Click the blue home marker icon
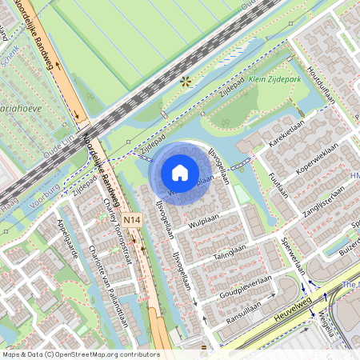(180, 172)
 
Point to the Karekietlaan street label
(287, 134)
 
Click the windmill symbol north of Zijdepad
(186, 81)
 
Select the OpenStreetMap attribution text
(81, 354)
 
